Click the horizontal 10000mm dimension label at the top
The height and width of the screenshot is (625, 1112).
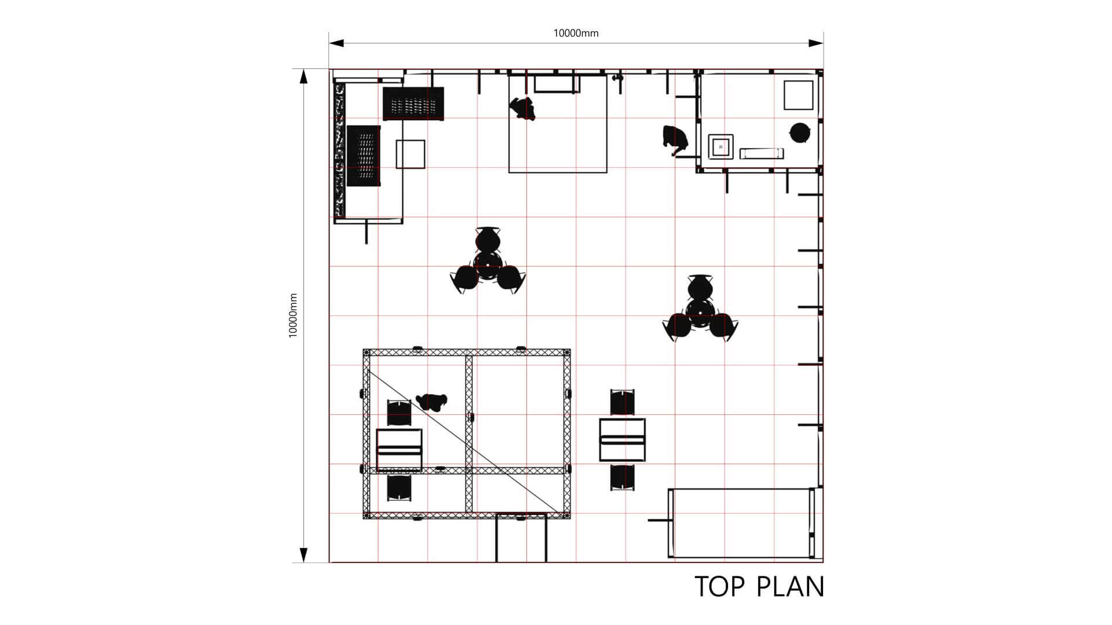pyautogui.click(x=576, y=33)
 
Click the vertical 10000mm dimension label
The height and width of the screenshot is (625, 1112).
pyautogui.click(x=293, y=315)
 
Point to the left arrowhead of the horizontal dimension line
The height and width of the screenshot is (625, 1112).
pyautogui.click(x=336, y=43)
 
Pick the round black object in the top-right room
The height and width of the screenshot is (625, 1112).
pyautogui.click(x=800, y=133)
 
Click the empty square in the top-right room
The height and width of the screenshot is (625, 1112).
pyautogui.click(x=799, y=95)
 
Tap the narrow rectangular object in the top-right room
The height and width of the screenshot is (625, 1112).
pyautogui.click(x=762, y=153)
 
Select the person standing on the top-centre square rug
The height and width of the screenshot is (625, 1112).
pyautogui.click(x=523, y=108)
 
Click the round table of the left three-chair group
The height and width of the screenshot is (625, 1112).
pyautogui.click(x=488, y=263)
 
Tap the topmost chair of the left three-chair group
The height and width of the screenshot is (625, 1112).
pyautogui.click(x=488, y=238)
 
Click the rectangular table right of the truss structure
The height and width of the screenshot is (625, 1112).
pyautogui.click(x=623, y=440)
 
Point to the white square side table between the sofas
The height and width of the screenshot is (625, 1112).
pyautogui.click(x=411, y=154)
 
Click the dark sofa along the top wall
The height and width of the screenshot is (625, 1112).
pyautogui.click(x=414, y=104)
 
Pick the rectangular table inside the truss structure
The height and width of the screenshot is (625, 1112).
pyautogui.click(x=399, y=450)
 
